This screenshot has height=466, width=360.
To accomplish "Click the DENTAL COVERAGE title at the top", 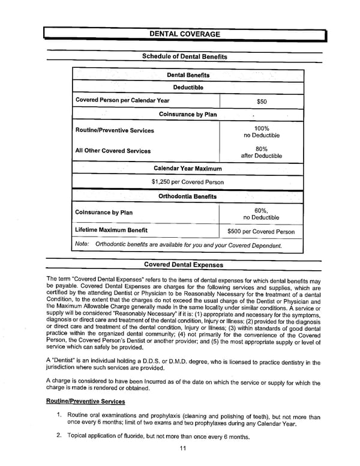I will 184,35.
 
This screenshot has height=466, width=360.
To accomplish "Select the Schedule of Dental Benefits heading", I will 184,56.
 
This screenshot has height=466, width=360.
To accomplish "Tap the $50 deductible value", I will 261,101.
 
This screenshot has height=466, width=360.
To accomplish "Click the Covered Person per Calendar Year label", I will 122,100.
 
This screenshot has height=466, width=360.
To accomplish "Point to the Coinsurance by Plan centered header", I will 188,114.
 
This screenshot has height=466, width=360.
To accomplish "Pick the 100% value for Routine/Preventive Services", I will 262,128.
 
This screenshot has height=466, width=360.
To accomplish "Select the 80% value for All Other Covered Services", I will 262,148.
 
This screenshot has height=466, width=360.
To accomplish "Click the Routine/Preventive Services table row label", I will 115,130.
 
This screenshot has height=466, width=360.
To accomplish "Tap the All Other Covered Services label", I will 113,151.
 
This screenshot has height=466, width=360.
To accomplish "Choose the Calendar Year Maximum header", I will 188,169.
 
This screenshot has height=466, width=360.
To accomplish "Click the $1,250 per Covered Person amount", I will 188,182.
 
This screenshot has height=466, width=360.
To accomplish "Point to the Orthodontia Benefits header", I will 188,196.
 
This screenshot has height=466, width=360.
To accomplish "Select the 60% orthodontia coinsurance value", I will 261,210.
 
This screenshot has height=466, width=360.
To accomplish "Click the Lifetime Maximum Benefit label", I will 112,230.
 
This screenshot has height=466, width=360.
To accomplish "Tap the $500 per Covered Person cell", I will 261,231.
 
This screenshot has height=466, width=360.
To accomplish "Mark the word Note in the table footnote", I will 82,244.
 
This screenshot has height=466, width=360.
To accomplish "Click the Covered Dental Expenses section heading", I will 184,265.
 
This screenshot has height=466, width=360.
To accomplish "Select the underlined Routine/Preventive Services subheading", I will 85,401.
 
